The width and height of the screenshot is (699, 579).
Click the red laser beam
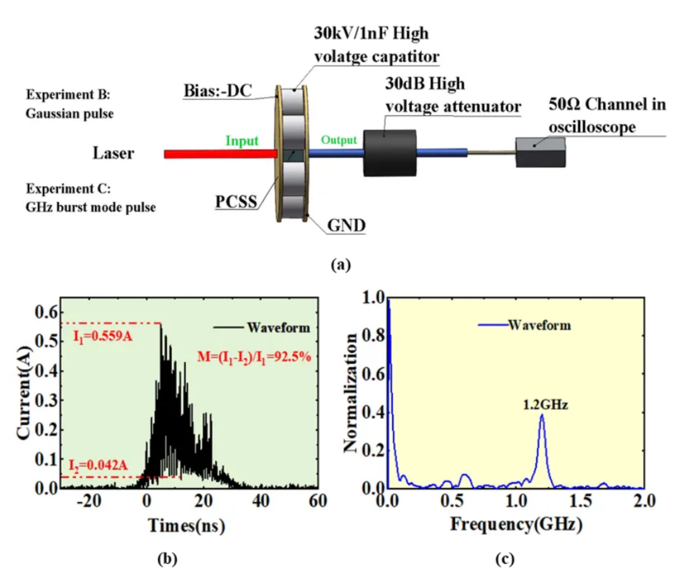pos(220,154)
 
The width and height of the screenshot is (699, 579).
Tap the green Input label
pos(242,141)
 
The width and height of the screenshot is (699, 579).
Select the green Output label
pos(339,140)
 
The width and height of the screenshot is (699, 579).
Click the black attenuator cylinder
pos(390,153)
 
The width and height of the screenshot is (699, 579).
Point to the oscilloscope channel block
pos(540,153)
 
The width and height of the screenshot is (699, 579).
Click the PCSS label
pos(236,202)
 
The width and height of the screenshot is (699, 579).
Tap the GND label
pos(346,225)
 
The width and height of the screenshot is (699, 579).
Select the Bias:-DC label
pos(218,91)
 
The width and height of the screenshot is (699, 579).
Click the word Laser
pos(113,153)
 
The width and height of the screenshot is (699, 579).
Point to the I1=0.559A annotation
pos(103,336)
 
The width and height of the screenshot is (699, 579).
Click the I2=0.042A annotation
pos(98,466)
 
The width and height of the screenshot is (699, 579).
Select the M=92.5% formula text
pos(254,357)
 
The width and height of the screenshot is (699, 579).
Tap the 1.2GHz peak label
pos(545,405)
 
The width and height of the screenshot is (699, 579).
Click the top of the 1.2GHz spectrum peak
pos(542,415)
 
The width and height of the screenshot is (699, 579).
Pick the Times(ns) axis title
pos(186,525)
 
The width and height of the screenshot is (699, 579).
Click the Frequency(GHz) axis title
pos(516,524)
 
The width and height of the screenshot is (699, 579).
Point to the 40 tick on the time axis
pos(261,501)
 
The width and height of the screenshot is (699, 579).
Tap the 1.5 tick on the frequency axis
pos(580,501)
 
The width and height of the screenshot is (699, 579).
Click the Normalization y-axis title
pos(350,393)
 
